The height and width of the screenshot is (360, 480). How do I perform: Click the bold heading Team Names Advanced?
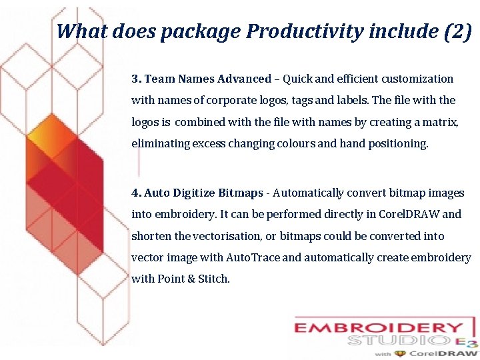click(x=207, y=79)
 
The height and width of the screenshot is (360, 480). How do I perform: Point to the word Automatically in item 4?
click(x=308, y=193)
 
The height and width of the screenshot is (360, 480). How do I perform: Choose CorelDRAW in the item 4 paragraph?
click(x=409, y=214)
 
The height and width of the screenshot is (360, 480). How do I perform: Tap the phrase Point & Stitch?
click(x=193, y=279)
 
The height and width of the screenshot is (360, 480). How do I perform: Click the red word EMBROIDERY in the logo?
click(x=379, y=328)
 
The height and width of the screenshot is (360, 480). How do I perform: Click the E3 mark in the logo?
click(x=470, y=342)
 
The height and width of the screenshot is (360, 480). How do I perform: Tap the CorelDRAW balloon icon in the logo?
click(x=400, y=354)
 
